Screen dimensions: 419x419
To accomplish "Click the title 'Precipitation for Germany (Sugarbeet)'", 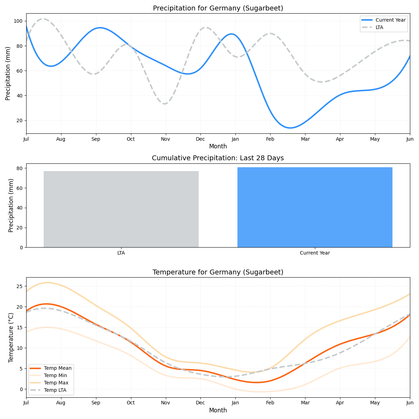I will coord(218,8).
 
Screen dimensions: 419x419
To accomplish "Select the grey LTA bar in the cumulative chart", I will coord(121,209).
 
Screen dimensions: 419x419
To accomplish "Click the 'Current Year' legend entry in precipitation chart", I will coord(390,20).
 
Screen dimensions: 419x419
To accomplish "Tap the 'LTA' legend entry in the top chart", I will coord(379,27).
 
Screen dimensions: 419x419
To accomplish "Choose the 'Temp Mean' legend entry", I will coord(58,368).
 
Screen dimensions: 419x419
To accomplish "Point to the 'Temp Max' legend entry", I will coord(56,383).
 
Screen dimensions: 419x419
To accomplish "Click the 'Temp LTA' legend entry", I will coord(55,390).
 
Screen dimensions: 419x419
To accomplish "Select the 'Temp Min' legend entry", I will coord(55,375).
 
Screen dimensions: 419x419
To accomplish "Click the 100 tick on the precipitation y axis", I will coord(18,21).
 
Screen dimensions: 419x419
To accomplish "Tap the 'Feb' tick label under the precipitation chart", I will coord(270,139).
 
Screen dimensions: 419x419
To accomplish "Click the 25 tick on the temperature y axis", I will coord(19,286).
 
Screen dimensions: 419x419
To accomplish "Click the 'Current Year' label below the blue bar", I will coord(315,253).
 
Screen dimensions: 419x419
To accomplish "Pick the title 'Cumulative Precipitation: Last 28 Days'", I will coord(218,158).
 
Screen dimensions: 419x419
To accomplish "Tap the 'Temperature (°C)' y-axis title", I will coord(11,337).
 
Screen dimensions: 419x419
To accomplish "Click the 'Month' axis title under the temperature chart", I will coord(218,410).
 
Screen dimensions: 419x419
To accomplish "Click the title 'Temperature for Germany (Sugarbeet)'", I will coord(218,272).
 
